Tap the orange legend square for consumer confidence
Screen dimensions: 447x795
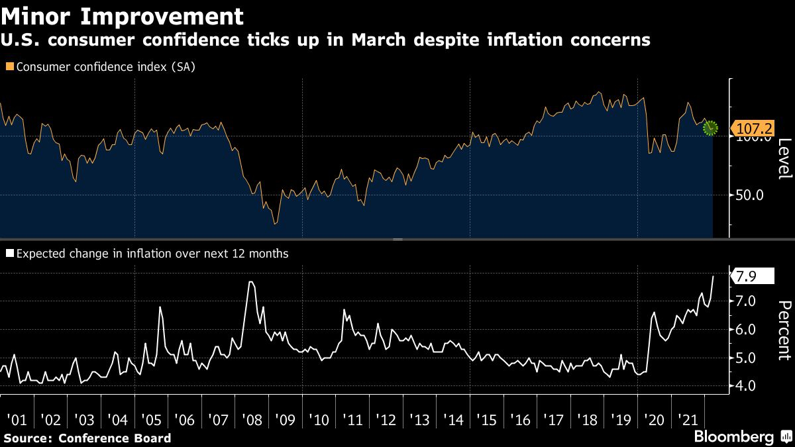(x=9, y=67)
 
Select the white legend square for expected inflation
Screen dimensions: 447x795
(x=9, y=253)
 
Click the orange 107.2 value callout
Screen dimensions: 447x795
(x=751, y=128)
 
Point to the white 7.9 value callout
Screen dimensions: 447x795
(x=751, y=276)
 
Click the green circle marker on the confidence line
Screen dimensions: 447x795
(x=710, y=128)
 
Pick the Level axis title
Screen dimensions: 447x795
(x=784, y=159)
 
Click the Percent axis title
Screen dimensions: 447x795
(x=784, y=330)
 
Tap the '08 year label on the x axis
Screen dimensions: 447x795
(x=251, y=420)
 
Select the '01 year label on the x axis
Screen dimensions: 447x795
(x=17, y=420)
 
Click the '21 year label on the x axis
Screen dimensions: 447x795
(x=687, y=420)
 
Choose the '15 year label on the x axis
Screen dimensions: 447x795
(x=486, y=420)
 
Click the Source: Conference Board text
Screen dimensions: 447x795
(x=87, y=438)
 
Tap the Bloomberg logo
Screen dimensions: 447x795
(x=733, y=437)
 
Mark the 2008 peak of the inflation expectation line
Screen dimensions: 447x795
(x=250, y=283)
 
